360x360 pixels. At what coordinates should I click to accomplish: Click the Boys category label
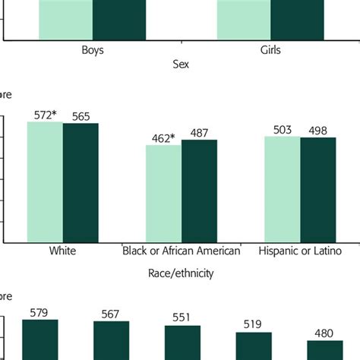click(93, 50)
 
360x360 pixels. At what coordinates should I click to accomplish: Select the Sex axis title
click(180, 65)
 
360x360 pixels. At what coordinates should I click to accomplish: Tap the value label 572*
click(46, 115)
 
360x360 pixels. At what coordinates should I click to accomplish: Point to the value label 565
click(81, 115)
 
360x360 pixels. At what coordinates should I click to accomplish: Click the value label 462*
click(163, 137)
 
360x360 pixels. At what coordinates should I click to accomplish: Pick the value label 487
click(199, 132)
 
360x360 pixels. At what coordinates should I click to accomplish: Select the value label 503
click(283, 130)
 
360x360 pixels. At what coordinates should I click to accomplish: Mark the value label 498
click(317, 131)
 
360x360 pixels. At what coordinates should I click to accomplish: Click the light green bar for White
click(45, 182)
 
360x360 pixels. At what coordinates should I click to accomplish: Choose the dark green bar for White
click(81, 183)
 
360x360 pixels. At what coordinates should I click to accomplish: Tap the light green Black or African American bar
click(163, 194)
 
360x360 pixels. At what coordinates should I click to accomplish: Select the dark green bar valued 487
click(199, 191)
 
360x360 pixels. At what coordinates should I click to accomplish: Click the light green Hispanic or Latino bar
click(283, 189)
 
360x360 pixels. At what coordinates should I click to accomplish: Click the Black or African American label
click(182, 251)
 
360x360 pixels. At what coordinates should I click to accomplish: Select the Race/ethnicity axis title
click(180, 273)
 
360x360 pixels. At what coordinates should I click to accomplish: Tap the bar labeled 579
click(39, 339)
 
